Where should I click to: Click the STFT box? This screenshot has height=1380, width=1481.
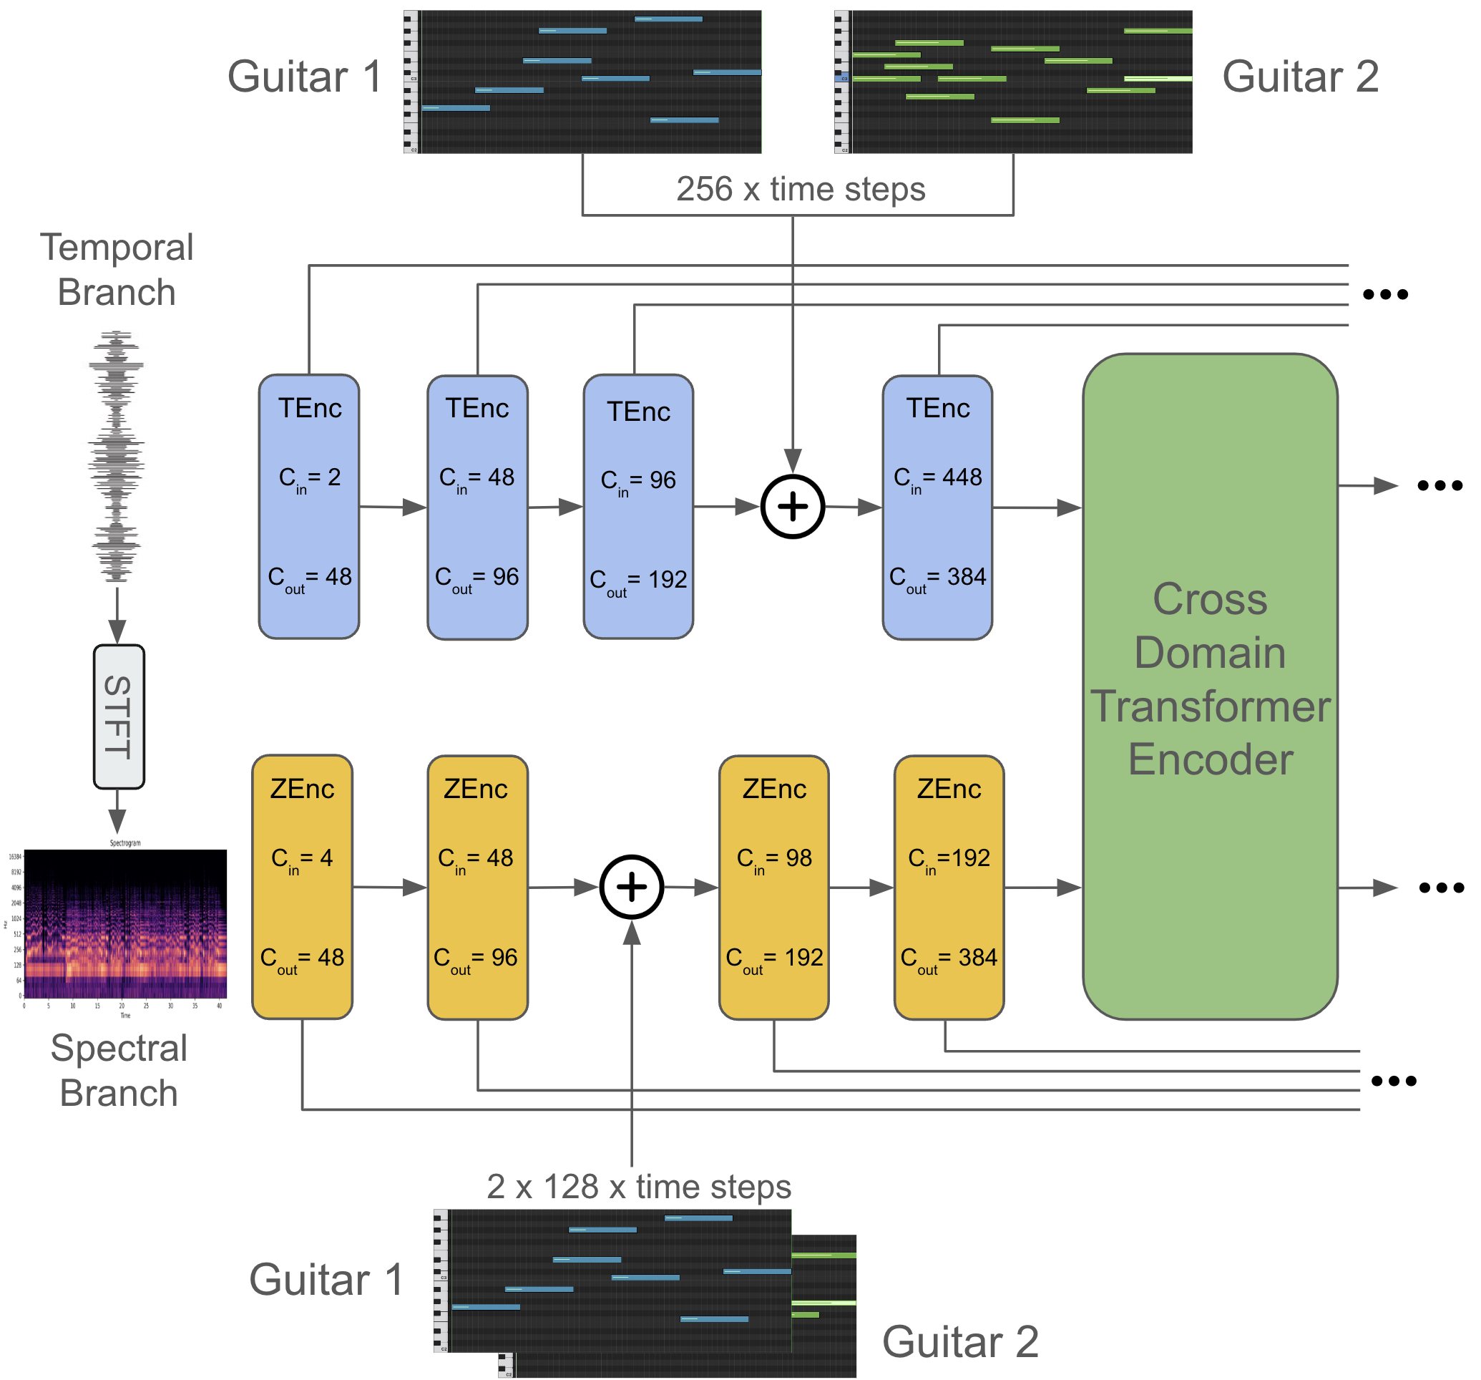click(x=119, y=716)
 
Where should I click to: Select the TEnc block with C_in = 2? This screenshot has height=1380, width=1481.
click(x=309, y=507)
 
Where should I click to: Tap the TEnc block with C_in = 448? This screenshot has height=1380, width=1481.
click(x=937, y=507)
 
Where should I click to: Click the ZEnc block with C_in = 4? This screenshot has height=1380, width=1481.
click(x=303, y=887)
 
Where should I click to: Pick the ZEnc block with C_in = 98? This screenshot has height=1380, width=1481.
click(x=774, y=887)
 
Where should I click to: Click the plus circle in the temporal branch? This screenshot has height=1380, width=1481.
click(x=793, y=507)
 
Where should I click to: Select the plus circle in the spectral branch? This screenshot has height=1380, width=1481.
click(x=632, y=887)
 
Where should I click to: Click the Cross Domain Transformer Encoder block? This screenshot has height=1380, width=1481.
click(x=1210, y=686)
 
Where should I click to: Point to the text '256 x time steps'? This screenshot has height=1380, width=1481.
click(x=801, y=189)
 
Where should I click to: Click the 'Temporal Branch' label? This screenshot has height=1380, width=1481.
click(x=117, y=269)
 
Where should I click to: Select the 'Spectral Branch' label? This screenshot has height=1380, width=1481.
click(x=119, y=1070)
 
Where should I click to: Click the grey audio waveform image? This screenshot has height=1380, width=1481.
click(x=116, y=456)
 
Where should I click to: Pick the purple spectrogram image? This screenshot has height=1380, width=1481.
click(x=125, y=924)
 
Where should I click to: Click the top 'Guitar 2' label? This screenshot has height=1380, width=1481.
click(x=1300, y=77)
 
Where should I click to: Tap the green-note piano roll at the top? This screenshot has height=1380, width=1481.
click(x=1013, y=82)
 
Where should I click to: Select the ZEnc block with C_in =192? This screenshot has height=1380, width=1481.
click(x=949, y=887)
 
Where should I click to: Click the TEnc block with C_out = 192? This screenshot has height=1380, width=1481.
click(x=638, y=507)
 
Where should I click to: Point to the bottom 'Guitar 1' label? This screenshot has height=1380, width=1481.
click(x=326, y=1279)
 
